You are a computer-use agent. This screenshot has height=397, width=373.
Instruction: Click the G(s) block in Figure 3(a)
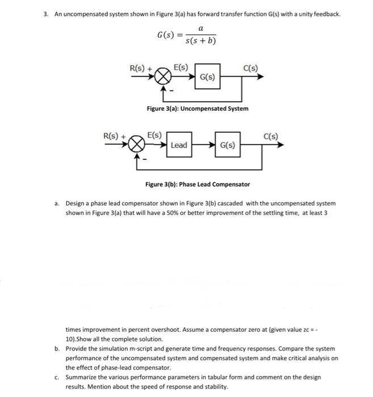tap(207, 77)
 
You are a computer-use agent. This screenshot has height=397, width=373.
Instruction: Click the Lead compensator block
tap(178, 145)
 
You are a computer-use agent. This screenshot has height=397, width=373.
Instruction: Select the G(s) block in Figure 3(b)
tap(228, 145)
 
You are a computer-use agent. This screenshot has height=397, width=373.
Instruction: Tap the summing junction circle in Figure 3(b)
tap(137, 145)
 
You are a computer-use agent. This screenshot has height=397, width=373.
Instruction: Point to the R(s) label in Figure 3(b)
tap(112, 137)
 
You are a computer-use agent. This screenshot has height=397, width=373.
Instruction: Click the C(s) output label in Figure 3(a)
tap(250, 69)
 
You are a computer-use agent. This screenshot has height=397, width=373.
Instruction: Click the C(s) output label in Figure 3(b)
tap(271, 136)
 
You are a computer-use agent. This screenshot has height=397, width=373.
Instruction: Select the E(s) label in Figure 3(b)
tap(154, 136)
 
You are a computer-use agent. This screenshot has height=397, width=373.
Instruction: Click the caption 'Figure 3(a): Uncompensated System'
tap(197, 108)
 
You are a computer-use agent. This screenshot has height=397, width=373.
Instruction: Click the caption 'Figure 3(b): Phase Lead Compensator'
tap(197, 184)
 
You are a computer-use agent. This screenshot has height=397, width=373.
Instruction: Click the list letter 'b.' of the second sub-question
tap(57, 349)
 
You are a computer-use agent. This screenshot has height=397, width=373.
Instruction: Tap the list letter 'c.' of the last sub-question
tap(57, 377)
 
